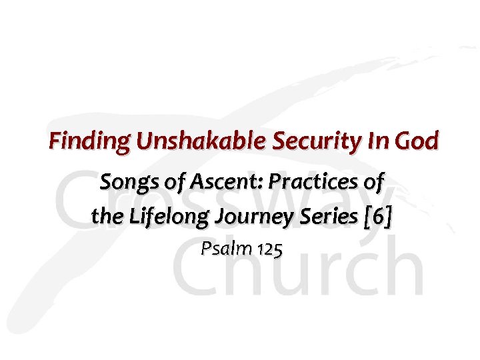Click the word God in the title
(x=417, y=141)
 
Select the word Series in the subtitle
(x=325, y=216)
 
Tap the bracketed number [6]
(x=376, y=217)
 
